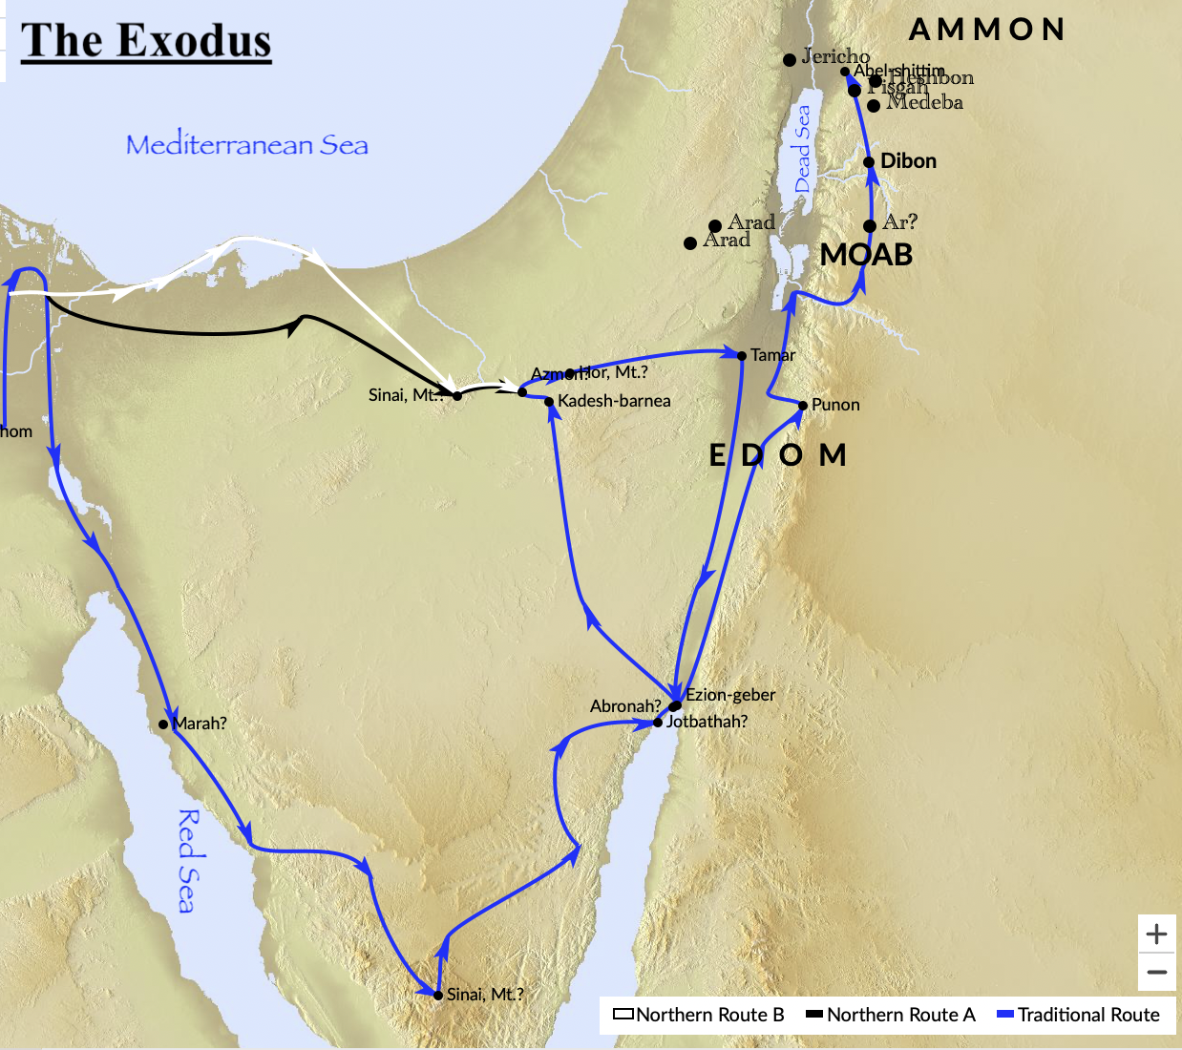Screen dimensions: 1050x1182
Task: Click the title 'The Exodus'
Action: coord(146,42)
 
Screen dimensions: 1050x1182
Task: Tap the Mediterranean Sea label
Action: coord(247,145)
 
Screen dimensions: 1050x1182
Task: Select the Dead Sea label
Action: coord(802,148)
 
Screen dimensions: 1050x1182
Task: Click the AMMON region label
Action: coord(986,30)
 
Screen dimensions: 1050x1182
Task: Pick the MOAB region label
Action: coord(866,255)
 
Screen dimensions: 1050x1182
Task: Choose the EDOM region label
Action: coord(777,455)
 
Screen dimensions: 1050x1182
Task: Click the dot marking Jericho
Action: coord(790,60)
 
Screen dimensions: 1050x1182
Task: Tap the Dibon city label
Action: coord(908,161)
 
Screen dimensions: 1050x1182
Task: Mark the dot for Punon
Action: coord(803,406)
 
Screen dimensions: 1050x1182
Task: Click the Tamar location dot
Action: coord(742,356)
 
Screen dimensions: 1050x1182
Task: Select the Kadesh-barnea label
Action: coord(614,401)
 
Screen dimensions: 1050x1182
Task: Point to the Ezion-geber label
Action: coord(730,695)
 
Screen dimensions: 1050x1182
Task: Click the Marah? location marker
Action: coord(163,724)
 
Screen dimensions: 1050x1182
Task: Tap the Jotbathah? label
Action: coord(707,722)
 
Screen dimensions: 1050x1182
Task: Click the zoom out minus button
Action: coord(1157,973)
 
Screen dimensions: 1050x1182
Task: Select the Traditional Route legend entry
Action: coord(1078,1015)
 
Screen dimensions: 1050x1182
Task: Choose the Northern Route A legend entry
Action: coord(891,1015)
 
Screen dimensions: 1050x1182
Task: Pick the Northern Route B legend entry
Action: coord(699,1015)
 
